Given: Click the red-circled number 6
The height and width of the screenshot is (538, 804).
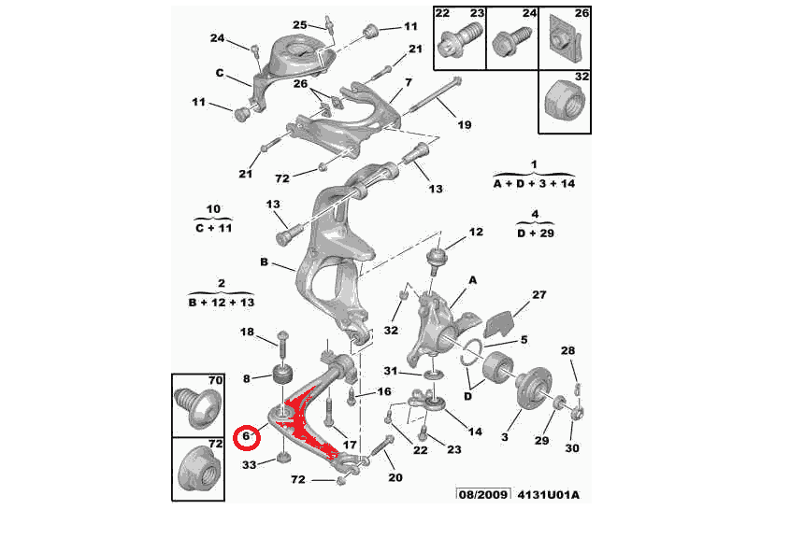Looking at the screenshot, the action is point(246,436).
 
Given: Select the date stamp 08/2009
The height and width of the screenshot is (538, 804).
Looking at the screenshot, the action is point(483,494).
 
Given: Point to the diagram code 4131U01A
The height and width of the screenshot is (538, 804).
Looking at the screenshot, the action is point(548,494).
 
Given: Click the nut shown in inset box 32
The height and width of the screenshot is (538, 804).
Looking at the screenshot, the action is point(564,102).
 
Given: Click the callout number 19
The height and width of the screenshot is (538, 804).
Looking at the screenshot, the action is point(464,124).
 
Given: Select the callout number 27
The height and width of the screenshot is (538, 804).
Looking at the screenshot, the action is point(538,294).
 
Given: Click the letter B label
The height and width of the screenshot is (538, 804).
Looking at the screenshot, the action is point(264,262).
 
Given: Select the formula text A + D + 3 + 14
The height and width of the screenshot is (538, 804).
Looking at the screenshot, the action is point(534,183).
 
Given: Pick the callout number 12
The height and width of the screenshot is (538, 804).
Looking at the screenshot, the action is point(476,233).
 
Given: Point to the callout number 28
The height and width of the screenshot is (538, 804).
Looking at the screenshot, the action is point(567,350).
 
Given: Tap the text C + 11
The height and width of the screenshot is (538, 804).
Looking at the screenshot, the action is point(214,228).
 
